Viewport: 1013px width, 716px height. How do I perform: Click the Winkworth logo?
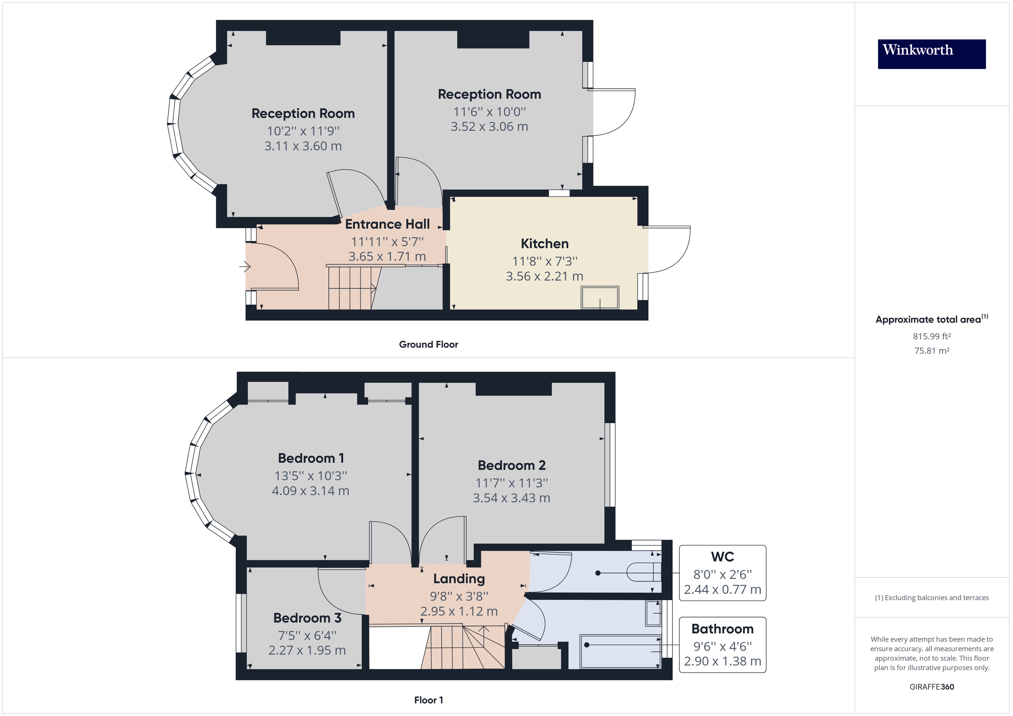(x=931, y=54)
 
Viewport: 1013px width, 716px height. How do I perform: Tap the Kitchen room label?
(x=544, y=244)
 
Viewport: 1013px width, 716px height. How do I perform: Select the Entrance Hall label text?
(x=387, y=224)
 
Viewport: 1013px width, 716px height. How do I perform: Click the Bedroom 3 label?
(x=307, y=618)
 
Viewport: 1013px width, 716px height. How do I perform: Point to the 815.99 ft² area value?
(x=931, y=336)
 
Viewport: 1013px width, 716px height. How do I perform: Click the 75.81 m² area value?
(x=931, y=351)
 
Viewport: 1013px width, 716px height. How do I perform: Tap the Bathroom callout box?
(x=722, y=645)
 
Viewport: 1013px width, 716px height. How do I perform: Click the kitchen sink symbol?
(x=600, y=298)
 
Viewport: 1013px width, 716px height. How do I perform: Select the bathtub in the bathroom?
(x=620, y=652)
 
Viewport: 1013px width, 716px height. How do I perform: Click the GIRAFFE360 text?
(x=931, y=687)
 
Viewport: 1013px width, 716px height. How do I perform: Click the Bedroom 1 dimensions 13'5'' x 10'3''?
(x=311, y=476)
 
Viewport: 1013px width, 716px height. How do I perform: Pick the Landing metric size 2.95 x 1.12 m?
(x=459, y=612)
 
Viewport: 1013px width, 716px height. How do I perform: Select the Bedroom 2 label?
(x=511, y=466)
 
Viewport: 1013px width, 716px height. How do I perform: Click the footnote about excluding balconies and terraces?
(x=931, y=598)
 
